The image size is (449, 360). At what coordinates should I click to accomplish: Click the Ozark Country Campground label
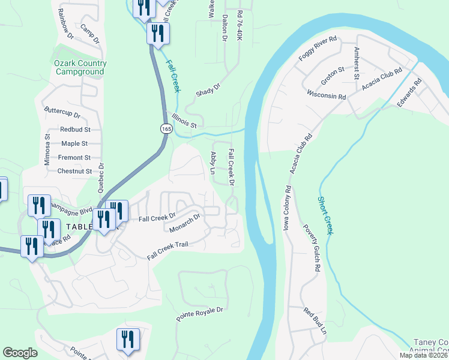pyautogui.click(x=81, y=67)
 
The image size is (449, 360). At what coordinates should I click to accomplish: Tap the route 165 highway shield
pyautogui.click(x=166, y=128)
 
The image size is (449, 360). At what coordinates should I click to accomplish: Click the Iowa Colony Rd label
pyautogui.click(x=288, y=208)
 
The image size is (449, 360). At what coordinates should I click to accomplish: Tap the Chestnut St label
pyautogui.click(x=74, y=171)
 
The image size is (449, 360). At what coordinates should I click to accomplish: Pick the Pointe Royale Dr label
pyautogui.click(x=199, y=314)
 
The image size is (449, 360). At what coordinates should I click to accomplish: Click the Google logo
pyautogui.click(x=20, y=353)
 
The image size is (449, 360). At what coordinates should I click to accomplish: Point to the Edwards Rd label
pyautogui.click(x=406, y=96)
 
